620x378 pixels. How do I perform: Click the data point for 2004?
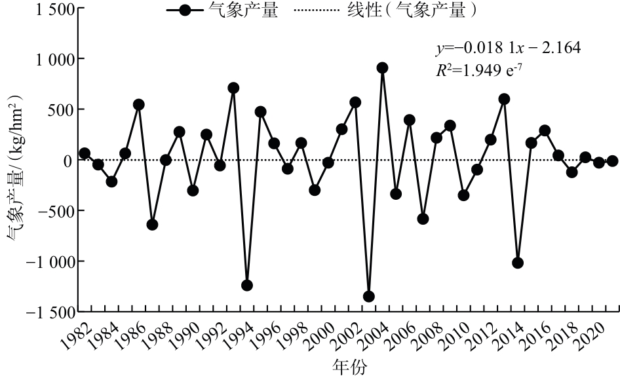click(382, 68)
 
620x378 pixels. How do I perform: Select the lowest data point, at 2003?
click(368, 297)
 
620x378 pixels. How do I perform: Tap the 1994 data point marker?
click(247, 286)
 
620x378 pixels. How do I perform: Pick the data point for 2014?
click(518, 263)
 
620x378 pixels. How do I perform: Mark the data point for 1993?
click(233, 88)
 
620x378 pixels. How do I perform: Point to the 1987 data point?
click(153, 225)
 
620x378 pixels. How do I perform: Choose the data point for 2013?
click(504, 99)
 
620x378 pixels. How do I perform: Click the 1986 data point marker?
click(139, 105)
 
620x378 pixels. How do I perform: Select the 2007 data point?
click(423, 219)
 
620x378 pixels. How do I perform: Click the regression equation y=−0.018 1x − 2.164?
click(508, 48)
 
